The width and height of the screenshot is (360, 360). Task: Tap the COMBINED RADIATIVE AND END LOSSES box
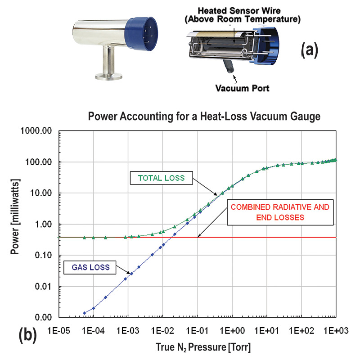click(280, 211)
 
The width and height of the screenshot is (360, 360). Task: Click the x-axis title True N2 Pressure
click(198, 347)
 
